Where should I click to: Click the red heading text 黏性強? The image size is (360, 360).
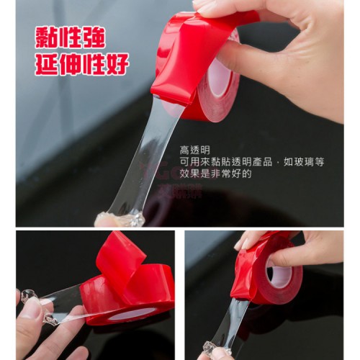click(70, 38)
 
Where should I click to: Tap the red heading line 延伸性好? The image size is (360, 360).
click(82, 64)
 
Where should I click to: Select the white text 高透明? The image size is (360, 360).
click(195, 150)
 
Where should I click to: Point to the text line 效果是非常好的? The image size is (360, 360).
click(215, 174)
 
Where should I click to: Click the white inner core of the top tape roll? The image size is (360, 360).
click(220, 76)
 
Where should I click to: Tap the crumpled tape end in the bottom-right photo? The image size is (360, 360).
click(217, 349)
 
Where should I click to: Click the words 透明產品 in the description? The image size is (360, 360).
click(252, 162)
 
